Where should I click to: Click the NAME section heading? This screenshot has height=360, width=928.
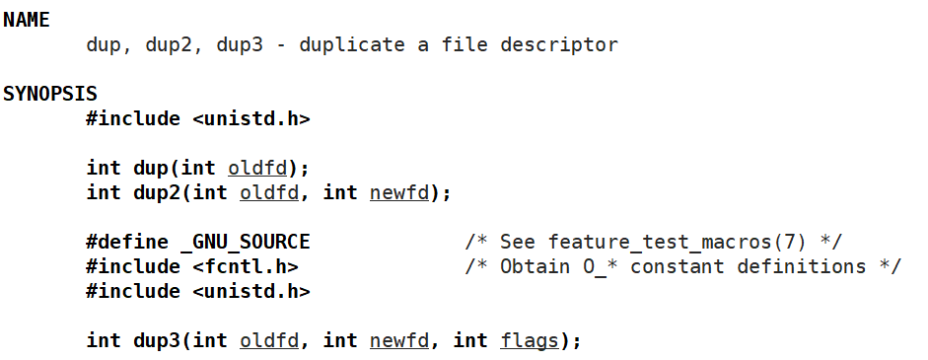tap(27, 20)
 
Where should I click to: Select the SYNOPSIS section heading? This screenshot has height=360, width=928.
tap(50, 94)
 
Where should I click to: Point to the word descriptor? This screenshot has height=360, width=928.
tap(560, 44)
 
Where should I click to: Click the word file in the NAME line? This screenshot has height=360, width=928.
tap(465, 44)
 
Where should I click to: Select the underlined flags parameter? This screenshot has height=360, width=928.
tap(530, 340)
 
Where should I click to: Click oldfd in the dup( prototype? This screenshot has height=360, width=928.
tap(256, 168)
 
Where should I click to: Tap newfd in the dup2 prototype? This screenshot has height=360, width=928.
tap(399, 192)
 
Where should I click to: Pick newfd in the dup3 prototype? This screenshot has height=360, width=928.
tap(399, 340)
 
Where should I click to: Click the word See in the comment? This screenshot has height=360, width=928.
tap(519, 242)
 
